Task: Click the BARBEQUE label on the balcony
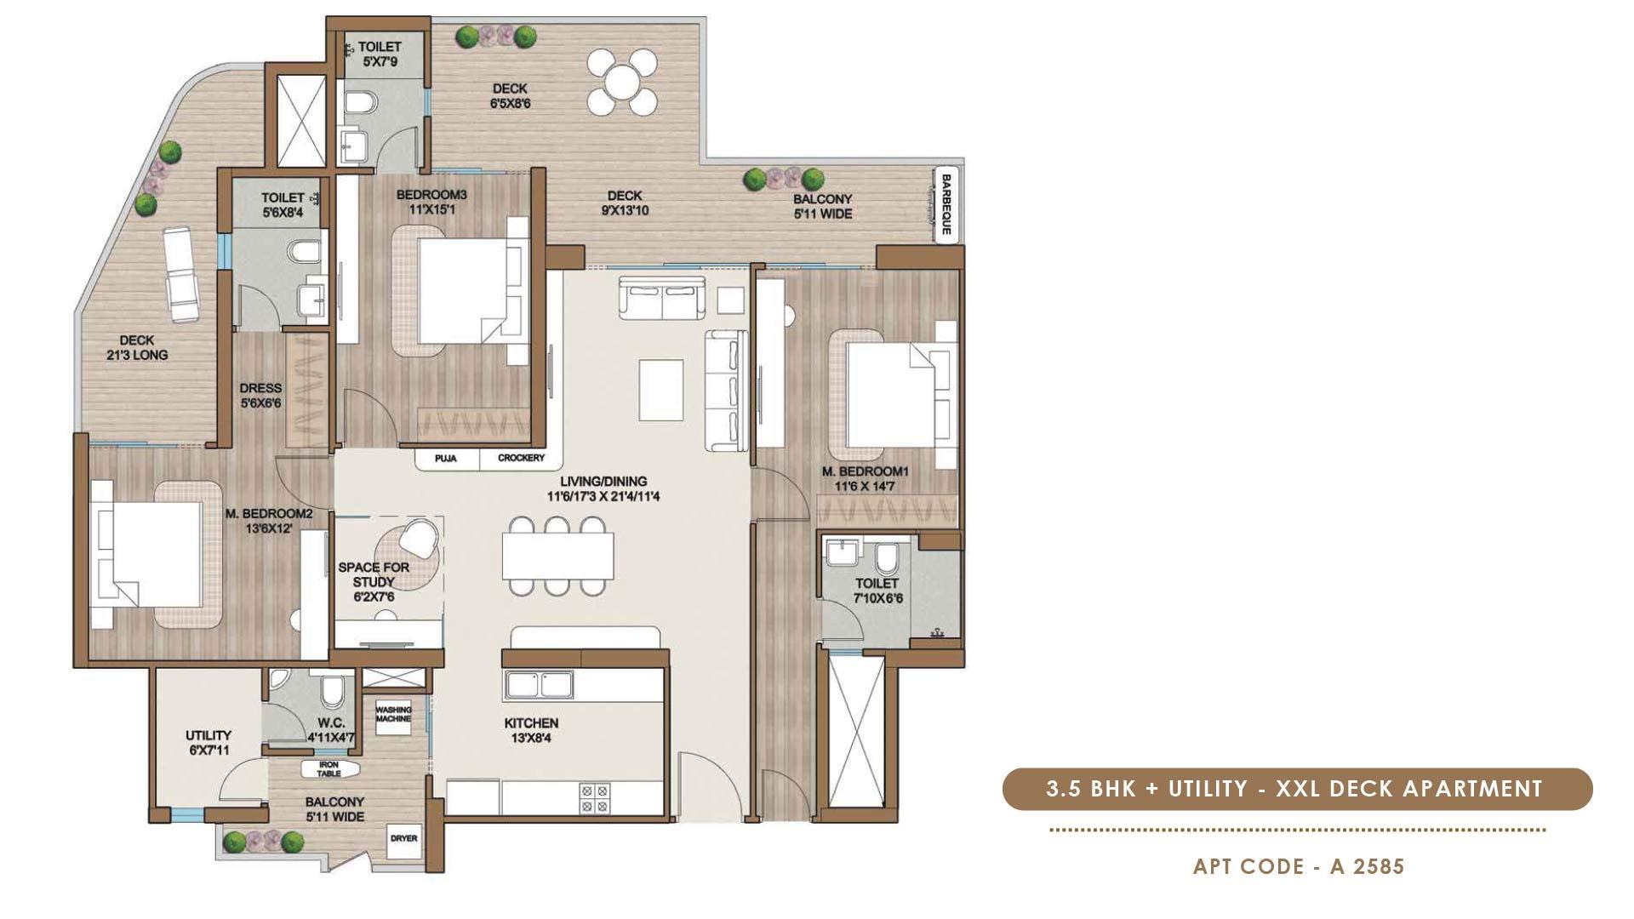pos(946,205)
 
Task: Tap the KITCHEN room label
pos(531,730)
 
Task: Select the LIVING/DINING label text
pos(603,488)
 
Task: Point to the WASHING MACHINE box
pos(393,714)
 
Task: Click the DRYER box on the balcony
pos(403,838)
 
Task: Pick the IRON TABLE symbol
pos(329,769)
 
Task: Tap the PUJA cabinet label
pos(445,459)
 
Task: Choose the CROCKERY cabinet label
pos(521,459)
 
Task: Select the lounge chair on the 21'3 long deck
pos(180,274)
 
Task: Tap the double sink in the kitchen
pos(539,684)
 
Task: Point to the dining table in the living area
pos(557,556)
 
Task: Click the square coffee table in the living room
pos(661,390)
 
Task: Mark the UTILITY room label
pos(209,742)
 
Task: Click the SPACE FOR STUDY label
pos(374,581)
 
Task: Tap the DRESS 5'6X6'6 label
pos(260,396)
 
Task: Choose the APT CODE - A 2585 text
pos(1299,866)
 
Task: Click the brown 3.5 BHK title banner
pos(1297,789)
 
